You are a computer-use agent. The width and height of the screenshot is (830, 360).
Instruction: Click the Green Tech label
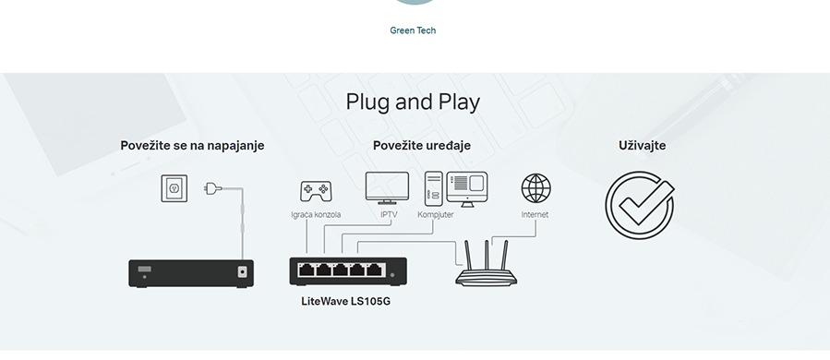(413, 30)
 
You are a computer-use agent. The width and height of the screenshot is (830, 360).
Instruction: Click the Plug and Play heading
(413, 102)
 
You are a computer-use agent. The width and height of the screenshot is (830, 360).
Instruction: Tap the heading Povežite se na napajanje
(192, 146)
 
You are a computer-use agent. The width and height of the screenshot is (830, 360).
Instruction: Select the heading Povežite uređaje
(422, 146)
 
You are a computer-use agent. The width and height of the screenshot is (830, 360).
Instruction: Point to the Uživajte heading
(642, 146)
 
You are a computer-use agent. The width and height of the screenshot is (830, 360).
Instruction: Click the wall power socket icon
(174, 188)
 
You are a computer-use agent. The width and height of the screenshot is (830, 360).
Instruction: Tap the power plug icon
(213, 189)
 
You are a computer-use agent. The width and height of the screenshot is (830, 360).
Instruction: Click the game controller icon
(315, 191)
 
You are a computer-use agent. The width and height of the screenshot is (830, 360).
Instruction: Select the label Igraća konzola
(316, 215)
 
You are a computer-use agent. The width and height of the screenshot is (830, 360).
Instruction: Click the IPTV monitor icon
(387, 188)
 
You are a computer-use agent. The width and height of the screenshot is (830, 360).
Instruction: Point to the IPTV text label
(389, 215)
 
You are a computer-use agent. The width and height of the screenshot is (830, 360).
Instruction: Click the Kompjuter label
(436, 215)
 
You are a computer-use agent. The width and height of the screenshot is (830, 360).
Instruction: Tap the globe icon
(535, 188)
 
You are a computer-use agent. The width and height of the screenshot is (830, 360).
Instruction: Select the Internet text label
(535, 215)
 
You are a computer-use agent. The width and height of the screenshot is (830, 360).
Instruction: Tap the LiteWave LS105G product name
(346, 301)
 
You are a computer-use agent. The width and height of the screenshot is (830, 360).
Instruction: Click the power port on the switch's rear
(243, 271)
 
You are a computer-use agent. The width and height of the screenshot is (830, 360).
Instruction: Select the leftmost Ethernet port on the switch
(307, 270)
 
